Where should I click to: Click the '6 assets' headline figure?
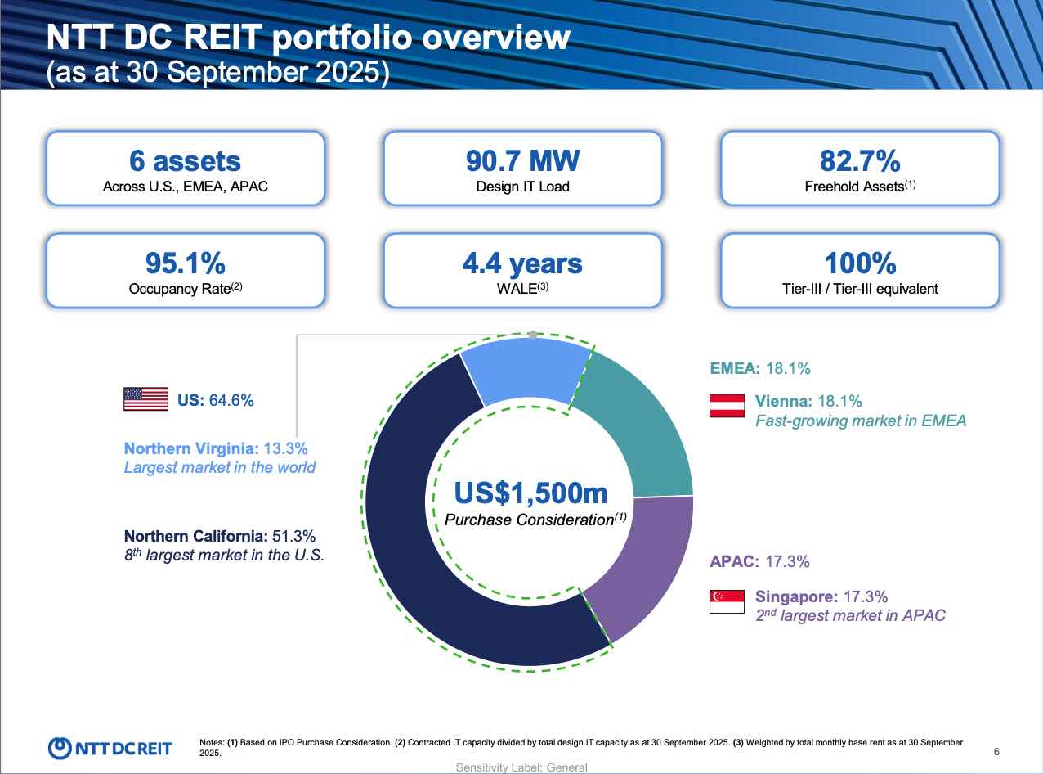tap(185, 160)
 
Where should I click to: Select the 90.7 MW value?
tap(522, 160)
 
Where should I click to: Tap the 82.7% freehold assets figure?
tap(859, 160)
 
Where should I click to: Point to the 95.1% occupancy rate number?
tap(185, 263)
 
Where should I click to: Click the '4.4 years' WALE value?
tap(522, 263)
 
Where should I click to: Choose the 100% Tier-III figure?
tap(859, 263)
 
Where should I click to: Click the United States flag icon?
tap(145, 399)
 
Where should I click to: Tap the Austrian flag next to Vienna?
tap(727, 405)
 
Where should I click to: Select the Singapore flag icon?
tap(727, 601)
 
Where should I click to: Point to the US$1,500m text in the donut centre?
tap(530, 493)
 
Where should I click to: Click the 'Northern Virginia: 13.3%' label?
tap(216, 448)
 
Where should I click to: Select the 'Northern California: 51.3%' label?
tap(219, 536)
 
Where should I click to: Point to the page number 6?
tap(996, 752)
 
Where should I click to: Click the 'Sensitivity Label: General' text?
tap(521, 767)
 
